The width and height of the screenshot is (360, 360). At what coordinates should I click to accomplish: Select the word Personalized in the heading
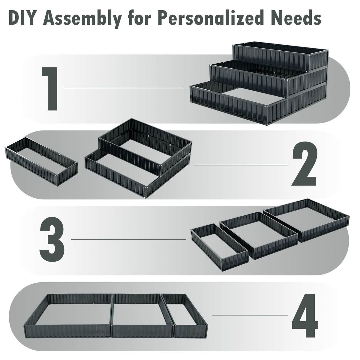[207, 18]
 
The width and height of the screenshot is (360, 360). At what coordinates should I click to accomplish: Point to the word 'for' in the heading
[138, 18]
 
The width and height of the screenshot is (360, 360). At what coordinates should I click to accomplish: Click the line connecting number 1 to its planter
[124, 88]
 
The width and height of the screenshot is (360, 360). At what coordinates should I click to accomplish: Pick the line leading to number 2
[241, 165]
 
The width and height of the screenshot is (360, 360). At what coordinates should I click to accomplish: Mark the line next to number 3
[128, 239]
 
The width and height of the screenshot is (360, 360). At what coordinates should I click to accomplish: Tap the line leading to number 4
[250, 315]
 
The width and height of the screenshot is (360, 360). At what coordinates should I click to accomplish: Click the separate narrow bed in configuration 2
[41, 160]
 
